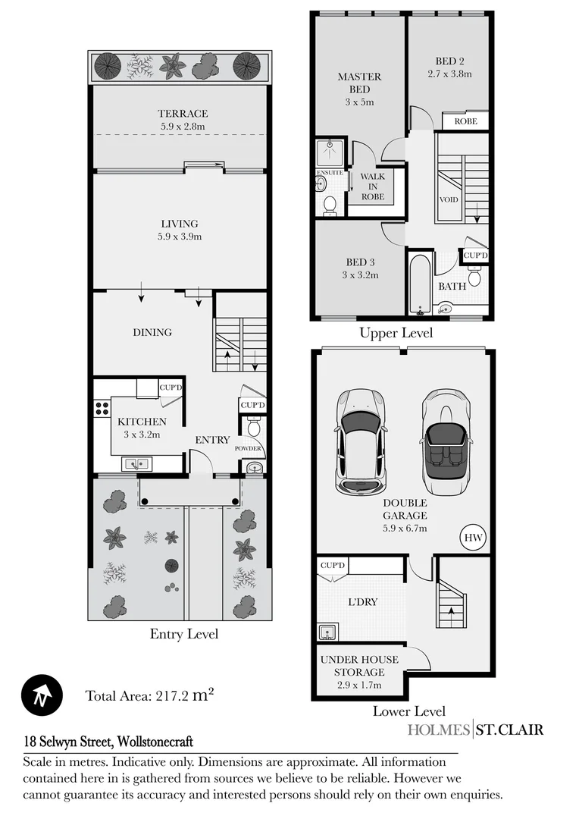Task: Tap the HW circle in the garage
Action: [x=473, y=537]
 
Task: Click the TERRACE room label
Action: [x=183, y=114]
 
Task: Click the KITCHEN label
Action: [x=142, y=422]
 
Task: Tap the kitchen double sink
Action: [x=137, y=463]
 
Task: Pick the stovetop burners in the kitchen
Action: [x=101, y=410]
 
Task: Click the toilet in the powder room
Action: [x=254, y=429]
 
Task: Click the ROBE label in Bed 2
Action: [x=465, y=121]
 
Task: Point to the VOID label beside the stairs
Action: [x=449, y=201]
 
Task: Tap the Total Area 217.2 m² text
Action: [x=149, y=695]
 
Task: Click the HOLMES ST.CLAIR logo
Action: [x=475, y=730]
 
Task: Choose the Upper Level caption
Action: [x=396, y=333]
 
